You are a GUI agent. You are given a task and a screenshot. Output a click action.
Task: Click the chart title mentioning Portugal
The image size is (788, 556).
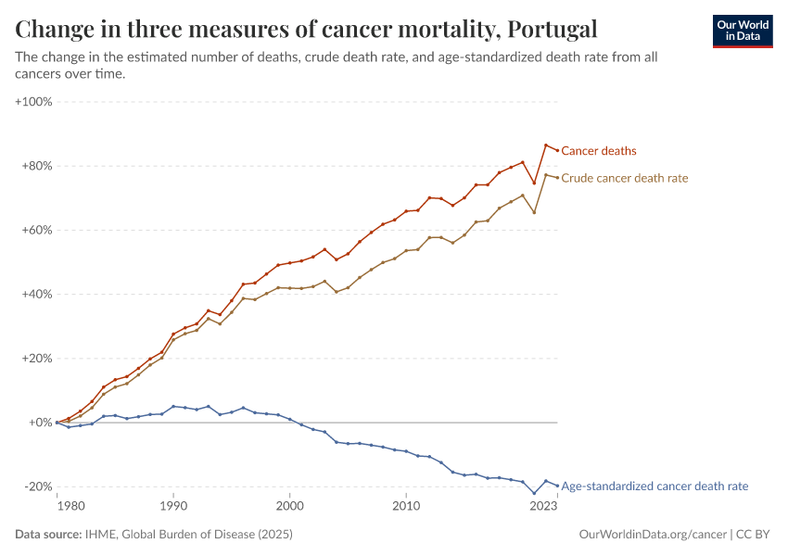pyautogui.click(x=306, y=29)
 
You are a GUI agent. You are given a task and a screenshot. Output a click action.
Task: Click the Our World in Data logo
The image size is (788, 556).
pyautogui.click(x=742, y=31)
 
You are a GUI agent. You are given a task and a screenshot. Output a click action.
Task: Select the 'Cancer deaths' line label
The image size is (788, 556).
pyautogui.click(x=599, y=151)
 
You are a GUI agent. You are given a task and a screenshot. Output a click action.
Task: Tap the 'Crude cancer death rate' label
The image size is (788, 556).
pyautogui.click(x=625, y=178)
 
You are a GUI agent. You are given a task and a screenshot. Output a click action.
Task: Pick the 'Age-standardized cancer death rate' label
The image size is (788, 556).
pyautogui.click(x=655, y=486)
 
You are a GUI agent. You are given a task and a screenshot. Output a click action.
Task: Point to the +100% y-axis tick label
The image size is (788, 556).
pyautogui.click(x=33, y=101)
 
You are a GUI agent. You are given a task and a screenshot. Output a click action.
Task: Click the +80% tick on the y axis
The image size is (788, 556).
pyautogui.click(x=36, y=166)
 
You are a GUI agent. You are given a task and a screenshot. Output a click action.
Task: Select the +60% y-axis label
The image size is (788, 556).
pyautogui.click(x=36, y=230)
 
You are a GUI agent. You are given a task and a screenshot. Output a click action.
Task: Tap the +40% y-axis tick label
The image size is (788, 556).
pyautogui.click(x=36, y=294)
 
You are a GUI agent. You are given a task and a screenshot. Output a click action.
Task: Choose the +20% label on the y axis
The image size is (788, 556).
pyautogui.click(x=36, y=358)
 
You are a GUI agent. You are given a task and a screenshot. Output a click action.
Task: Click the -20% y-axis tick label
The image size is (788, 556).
pyautogui.click(x=38, y=486)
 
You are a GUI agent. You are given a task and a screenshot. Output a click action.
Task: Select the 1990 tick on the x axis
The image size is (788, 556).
pyautogui.click(x=173, y=507)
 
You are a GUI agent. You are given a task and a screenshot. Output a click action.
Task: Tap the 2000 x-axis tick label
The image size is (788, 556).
pyautogui.click(x=289, y=507)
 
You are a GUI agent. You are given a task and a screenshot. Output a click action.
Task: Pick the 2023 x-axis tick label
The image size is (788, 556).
pyautogui.click(x=542, y=507)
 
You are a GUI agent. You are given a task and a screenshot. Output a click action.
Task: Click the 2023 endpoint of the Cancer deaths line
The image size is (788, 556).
pyautogui.click(x=557, y=150)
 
